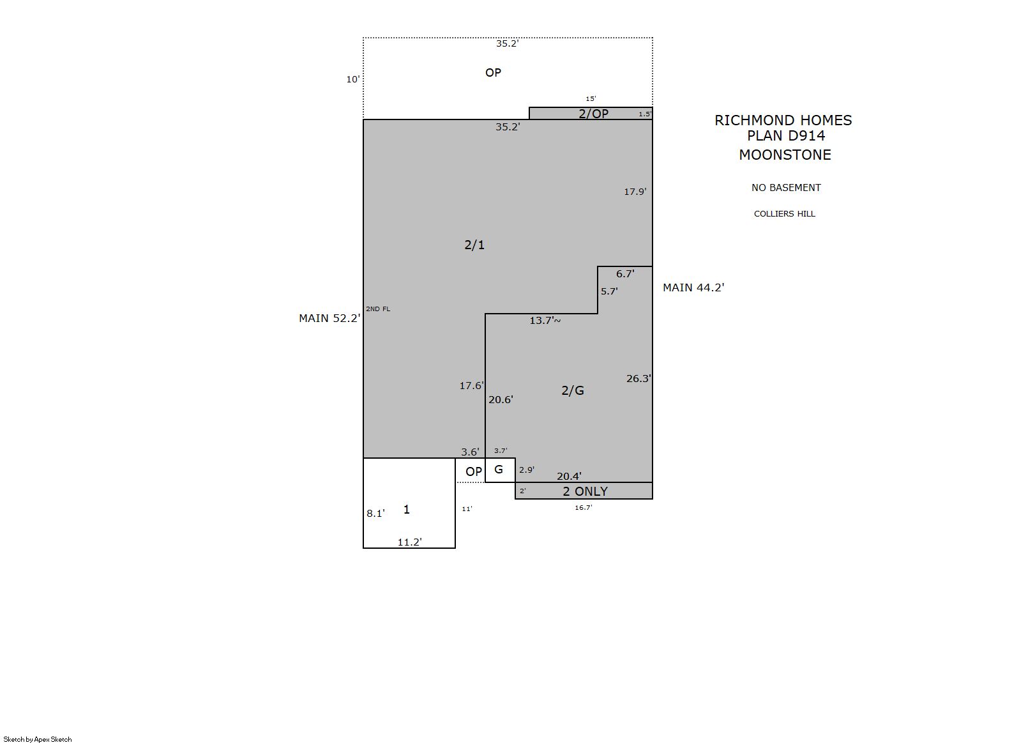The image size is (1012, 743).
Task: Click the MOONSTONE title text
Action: pos(785,155)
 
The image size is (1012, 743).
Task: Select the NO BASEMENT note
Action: pos(786,188)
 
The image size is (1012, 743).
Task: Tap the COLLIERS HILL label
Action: pos(784,214)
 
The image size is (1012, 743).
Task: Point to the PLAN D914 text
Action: pos(786,135)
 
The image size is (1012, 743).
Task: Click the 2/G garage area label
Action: pos(573,390)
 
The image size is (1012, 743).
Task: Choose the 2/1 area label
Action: pos(474,245)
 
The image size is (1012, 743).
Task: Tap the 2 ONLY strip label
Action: pos(585,491)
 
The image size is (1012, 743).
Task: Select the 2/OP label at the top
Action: pos(594,114)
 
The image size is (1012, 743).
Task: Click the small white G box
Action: pos(500,470)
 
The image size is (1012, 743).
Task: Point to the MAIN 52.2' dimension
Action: pos(330,318)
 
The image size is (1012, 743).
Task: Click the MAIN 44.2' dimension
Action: pos(693,287)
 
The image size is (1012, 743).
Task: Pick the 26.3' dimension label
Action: pos(638,379)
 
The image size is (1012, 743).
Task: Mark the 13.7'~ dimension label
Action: pos(545,321)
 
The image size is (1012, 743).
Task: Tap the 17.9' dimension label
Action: pos(635,192)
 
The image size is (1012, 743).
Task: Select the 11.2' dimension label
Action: pos(410,542)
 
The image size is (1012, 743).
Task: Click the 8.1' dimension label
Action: pos(375,514)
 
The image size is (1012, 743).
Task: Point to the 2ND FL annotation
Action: pos(378,309)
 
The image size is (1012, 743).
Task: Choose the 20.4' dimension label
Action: pos(569,477)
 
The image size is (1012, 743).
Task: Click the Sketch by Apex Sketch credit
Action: pos(38,739)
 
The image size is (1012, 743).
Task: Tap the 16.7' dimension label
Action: pos(583,507)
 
